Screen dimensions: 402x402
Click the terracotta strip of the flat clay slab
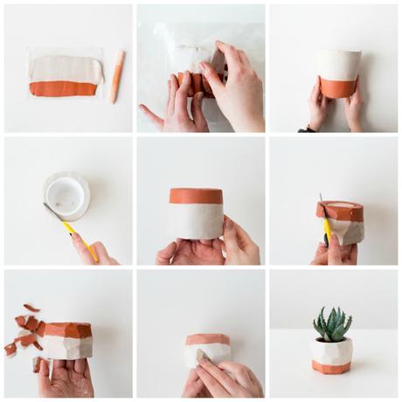coord(63,88)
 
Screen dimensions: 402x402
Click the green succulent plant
coord(332,324)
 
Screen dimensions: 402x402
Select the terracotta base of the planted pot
coord(332,367)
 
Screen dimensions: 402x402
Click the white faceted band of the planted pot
coord(332,351)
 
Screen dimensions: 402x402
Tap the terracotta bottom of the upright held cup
coord(336,87)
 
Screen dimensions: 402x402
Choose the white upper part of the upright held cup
coord(338,64)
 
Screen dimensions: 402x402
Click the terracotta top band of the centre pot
coord(196,196)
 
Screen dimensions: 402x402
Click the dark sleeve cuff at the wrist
coord(306,129)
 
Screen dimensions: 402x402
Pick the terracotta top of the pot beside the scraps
coord(67,330)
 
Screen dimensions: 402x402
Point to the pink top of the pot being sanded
coord(208,339)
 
